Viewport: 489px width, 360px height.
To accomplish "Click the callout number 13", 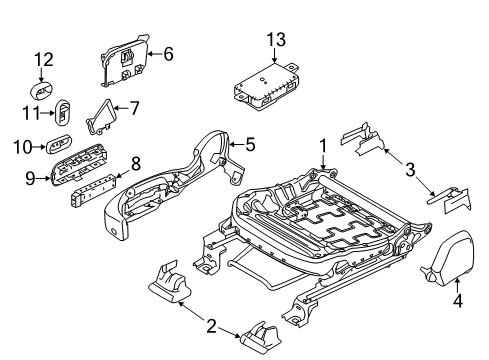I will point(275,39).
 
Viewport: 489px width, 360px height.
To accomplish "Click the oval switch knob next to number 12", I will point(44,82).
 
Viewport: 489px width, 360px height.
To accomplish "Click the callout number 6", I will point(167,53).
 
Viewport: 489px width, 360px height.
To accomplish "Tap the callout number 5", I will point(250,144).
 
